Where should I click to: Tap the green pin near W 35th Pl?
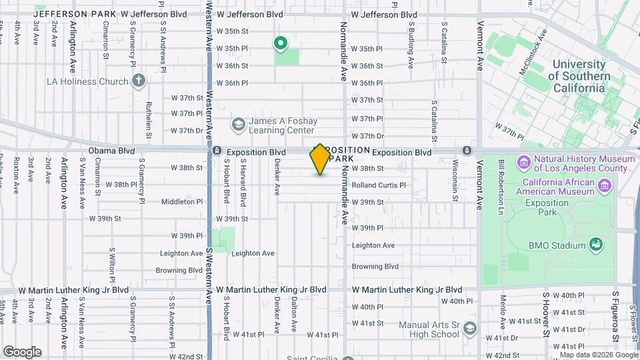(281, 44)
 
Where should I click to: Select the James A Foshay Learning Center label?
(282, 125)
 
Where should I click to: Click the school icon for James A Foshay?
(238, 125)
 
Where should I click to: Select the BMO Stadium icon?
(595, 245)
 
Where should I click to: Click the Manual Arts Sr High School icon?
(471, 328)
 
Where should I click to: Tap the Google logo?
(22, 351)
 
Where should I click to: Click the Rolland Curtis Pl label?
(378, 185)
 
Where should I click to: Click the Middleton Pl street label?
(181, 201)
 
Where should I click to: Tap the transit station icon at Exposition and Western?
(217, 151)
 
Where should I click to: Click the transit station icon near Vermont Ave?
(467, 151)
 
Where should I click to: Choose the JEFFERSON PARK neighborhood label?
(69, 13)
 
